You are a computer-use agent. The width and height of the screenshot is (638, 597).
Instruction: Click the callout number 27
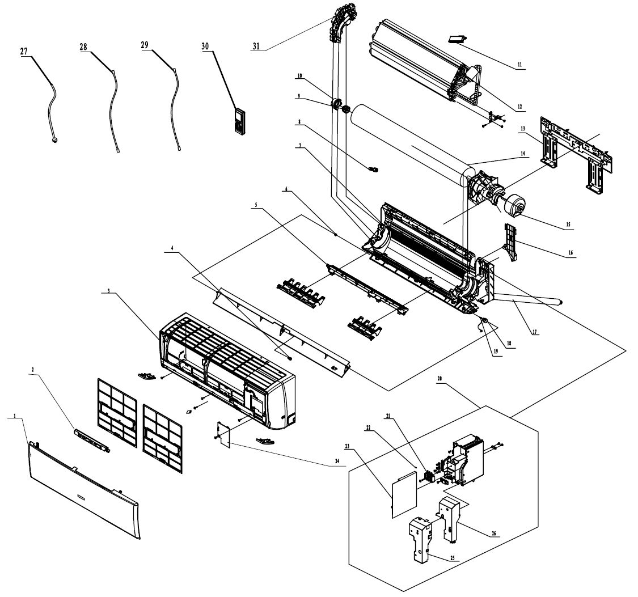tap(24, 51)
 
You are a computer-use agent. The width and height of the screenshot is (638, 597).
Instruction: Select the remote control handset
tap(240, 120)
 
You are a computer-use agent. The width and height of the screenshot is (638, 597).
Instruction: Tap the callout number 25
tap(452, 557)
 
